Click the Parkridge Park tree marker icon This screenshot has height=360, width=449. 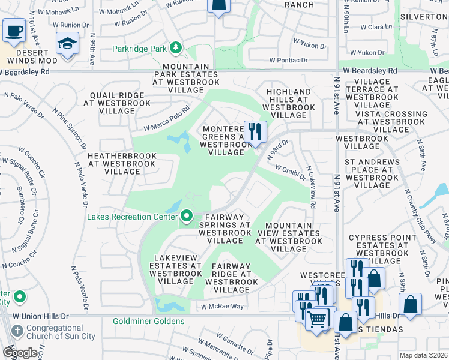[x=176, y=47]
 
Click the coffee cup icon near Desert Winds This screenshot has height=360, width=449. [x=14, y=30]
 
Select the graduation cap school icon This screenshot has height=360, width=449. [x=67, y=43]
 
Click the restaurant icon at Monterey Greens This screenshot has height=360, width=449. [x=255, y=131]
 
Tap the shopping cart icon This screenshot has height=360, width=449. [x=316, y=318]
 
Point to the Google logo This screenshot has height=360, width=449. [x=20, y=352]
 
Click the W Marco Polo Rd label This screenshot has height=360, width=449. [x=166, y=118]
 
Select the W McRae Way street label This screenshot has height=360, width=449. [x=222, y=307]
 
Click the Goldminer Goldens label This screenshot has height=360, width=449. [x=149, y=322]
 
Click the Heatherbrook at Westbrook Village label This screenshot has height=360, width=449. [x=122, y=164]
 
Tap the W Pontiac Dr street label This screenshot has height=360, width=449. [x=288, y=60]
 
